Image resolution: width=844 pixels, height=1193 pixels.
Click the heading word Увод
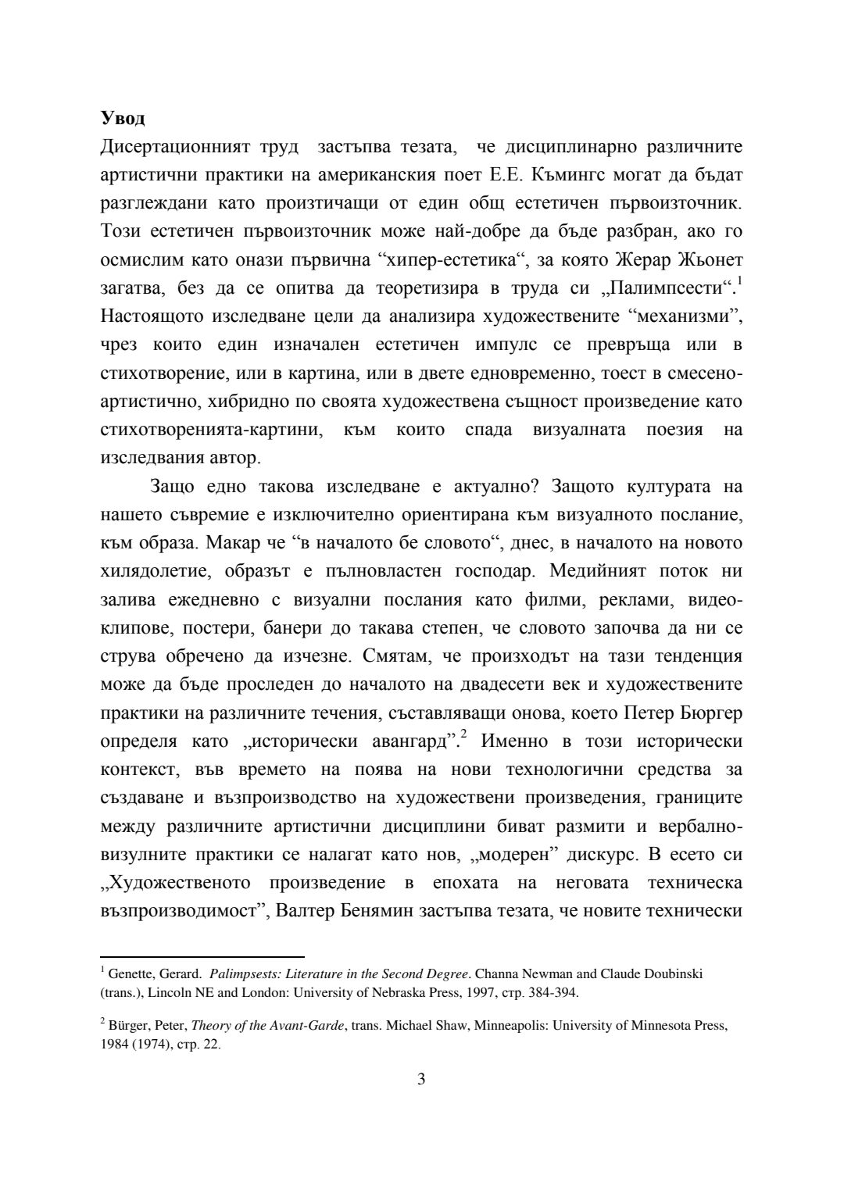point(123,119)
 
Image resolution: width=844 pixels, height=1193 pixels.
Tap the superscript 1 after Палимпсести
point(738,282)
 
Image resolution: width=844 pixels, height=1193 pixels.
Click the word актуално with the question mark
point(498,487)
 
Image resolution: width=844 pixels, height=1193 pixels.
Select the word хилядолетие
point(157,571)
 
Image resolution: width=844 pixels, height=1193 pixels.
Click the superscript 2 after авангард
point(463,734)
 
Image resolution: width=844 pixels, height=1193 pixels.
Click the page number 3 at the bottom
point(421,1080)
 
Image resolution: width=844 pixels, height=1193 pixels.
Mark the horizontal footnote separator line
point(202,955)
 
